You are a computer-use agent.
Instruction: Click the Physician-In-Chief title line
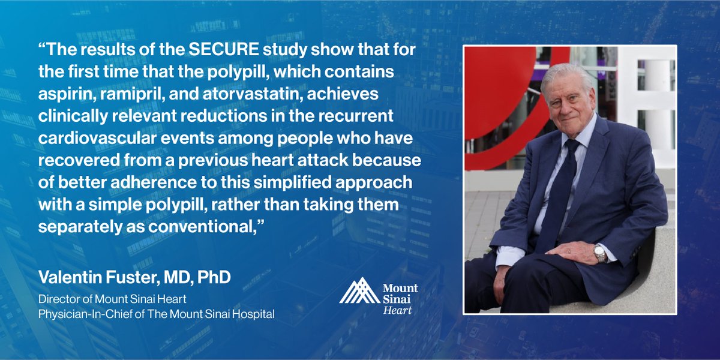(x=157, y=314)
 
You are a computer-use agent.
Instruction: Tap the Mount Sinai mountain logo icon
(x=359, y=290)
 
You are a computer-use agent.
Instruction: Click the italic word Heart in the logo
(x=397, y=310)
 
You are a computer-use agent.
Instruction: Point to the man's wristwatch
(x=599, y=253)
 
